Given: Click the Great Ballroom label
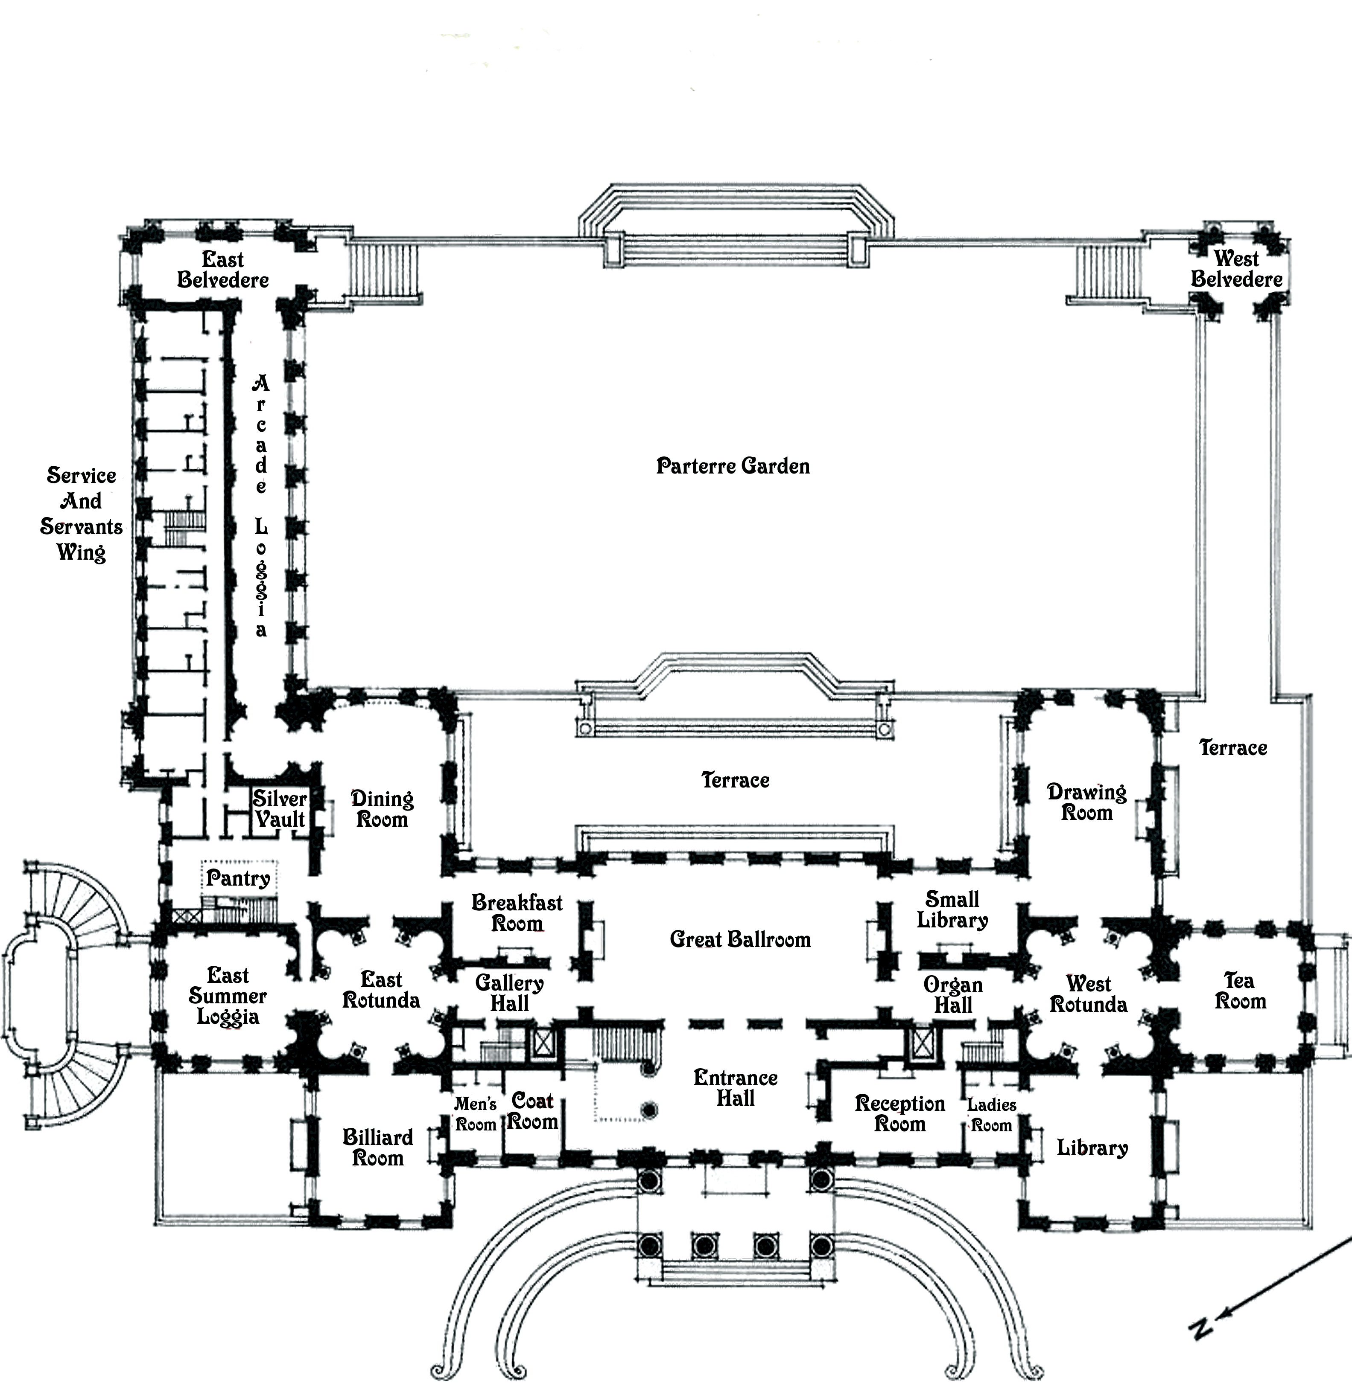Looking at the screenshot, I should pyautogui.click(x=740, y=939).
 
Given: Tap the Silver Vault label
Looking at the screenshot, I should pyautogui.click(x=280, y=808).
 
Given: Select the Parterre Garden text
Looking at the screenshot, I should pyautogui.click(x=733, y=466).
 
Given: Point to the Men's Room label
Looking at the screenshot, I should pyautogui.click(x=476, y=1114).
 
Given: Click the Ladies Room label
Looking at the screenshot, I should pyautogui.click(x=991, y=1115).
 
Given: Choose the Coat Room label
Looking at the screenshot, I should pyautogui.click(x=533, y=1111).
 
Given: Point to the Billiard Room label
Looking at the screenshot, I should pyautogui.click(x=378, y=1148).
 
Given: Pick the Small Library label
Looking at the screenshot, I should pyautogui.click(x=952, y=910).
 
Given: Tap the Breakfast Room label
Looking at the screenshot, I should pyautogui.click(x=517, y=913).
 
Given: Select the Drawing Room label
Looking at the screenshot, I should pyautogui.click(x=1086, y=802).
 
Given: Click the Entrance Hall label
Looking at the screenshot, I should pyautogui.click(x=736, y=1088).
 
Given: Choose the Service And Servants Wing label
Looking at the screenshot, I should pyautogui.click(x=81, y=513).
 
